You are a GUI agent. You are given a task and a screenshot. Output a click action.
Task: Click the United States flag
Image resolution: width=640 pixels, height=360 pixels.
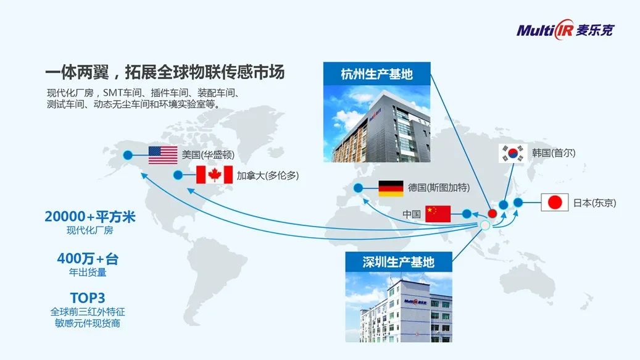coord(163,155)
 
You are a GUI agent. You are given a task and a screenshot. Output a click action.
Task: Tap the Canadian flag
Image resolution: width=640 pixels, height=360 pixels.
coord(214,175)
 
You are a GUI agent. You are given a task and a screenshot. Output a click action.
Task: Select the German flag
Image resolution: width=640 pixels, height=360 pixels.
coord(391,188)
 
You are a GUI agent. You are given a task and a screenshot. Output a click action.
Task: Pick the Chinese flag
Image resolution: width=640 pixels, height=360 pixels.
coord(438,214)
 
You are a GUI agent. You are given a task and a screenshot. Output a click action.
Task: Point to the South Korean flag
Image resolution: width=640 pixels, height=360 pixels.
coord(513,154)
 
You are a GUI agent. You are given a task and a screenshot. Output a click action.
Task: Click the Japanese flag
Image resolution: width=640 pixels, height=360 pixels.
coord(555,203)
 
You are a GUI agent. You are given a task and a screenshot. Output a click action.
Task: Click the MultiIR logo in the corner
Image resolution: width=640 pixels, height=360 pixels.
coord(565,30)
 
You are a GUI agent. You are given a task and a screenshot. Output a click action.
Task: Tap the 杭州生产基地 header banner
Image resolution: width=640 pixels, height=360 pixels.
coord(376,74)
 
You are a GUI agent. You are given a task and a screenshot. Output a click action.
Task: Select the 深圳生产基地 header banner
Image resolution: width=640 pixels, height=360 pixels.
coord(399,262)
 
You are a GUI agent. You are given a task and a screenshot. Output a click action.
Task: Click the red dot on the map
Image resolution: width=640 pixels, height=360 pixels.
coord(492,214)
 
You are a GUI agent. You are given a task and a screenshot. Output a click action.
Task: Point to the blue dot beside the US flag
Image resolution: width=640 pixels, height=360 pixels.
coord(128,155)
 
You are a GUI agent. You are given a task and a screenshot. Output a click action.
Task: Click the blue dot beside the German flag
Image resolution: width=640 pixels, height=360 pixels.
coord(358,188)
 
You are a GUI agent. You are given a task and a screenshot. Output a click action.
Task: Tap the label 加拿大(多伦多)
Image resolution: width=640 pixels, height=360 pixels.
coord(268,175)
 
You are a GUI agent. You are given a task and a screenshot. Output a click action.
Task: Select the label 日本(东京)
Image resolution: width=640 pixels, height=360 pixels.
coord(595,203)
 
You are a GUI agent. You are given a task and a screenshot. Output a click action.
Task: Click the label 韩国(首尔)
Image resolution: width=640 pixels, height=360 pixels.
coord(554,153)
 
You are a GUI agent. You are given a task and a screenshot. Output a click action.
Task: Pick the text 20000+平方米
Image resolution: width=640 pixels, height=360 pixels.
coord(89,217)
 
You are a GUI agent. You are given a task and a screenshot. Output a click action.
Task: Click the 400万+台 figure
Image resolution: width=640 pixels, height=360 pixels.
coord(88,259)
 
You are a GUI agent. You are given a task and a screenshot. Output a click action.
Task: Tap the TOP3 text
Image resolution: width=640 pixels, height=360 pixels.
coord(88,298)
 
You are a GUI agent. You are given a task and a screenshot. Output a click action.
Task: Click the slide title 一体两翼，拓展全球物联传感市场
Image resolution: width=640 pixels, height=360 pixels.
coord(165,72)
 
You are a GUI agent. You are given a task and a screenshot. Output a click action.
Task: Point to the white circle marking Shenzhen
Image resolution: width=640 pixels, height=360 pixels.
coord(484,225)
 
